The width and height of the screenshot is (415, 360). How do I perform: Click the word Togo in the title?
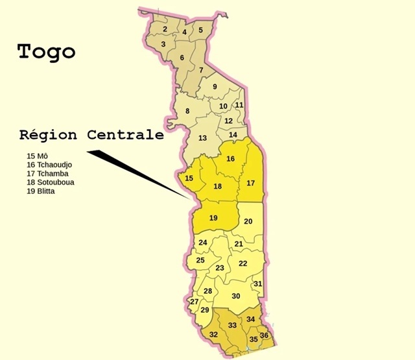click(46, 51)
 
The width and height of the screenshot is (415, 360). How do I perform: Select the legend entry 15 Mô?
click(37, 156)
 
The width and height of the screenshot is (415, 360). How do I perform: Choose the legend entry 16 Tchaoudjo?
click(50, 165)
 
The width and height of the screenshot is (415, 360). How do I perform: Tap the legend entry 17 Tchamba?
click(47, 174)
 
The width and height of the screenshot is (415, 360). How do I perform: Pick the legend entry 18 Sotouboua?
click(51, 182)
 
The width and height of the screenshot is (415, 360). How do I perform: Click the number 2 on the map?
click(165, 29)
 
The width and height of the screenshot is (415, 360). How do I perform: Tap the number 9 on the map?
click(215, 86)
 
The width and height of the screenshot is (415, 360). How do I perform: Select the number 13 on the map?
click(203, 138)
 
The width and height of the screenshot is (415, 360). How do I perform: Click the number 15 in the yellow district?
click(189, 178)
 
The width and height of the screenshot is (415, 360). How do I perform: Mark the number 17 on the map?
click(251, 184)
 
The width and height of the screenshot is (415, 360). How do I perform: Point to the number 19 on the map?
click(213, 218)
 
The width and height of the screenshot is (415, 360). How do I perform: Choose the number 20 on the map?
click(248, 222)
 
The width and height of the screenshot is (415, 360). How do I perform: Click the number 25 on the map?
click(200, 261)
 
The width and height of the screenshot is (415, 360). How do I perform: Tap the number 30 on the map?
click(236, 296)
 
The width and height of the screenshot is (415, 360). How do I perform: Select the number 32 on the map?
click(213, 335)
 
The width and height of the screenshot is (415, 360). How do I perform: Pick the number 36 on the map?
click(263, 335)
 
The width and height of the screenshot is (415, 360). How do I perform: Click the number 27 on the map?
click(194, 302)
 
